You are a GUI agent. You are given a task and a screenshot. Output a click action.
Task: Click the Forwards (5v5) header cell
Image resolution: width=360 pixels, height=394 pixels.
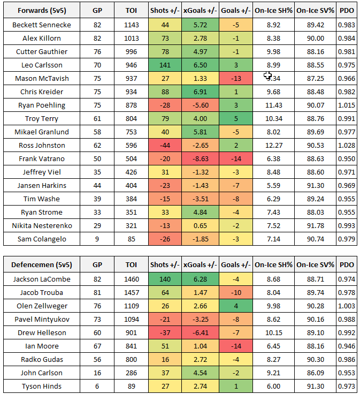[41, 11]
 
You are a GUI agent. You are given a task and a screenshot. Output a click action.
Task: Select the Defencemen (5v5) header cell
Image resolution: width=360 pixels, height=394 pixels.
[41, 265]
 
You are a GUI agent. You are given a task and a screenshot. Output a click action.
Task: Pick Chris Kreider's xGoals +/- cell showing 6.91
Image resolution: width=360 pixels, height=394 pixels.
[199, 92]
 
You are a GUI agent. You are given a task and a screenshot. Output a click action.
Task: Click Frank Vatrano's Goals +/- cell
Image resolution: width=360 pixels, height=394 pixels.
[235, 158]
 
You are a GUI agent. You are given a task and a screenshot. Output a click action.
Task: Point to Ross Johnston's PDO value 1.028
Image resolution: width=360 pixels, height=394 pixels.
[347, 145]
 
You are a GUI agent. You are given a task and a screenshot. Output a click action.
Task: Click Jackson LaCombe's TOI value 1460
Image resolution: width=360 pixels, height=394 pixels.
[131, 279]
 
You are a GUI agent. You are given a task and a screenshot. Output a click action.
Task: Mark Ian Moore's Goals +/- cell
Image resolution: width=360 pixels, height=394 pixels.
[235, 346]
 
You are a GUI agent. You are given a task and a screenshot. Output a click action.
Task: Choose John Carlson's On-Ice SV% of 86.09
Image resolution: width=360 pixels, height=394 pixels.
[316, 373]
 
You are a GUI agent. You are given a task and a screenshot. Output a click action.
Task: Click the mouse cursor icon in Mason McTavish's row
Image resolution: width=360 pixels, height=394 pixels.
[268, 76]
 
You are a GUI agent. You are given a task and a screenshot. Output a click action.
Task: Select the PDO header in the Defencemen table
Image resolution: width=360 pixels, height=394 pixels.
[347, 265]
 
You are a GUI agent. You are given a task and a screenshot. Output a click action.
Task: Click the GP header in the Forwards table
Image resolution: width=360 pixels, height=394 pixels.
[97, 11]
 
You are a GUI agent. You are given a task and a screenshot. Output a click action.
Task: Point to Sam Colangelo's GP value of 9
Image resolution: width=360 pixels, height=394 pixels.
[97, 239]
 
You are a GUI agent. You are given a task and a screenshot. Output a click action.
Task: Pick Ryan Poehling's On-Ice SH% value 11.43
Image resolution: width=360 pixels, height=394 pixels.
[273, 105]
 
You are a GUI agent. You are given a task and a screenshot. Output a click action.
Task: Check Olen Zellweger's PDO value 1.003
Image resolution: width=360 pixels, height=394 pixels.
[347, 306]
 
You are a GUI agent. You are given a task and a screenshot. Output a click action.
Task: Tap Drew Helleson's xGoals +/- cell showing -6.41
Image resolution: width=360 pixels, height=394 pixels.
[199, 332]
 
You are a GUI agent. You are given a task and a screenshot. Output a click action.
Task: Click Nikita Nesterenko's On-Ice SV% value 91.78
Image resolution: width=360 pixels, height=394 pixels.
[316, 225]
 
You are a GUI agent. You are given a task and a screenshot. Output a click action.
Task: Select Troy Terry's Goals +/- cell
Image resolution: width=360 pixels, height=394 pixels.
[235, 118]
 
